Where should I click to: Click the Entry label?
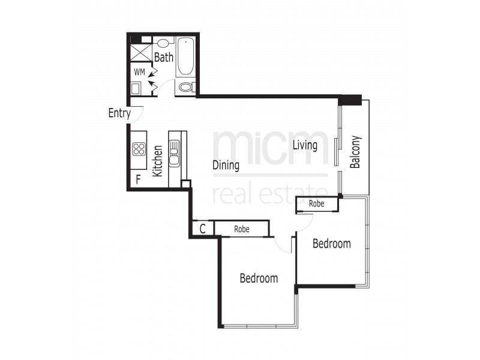pos(119,113)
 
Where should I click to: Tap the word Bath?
pos(164,58)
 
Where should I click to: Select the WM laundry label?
pos(139,72)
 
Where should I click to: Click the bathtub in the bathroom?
pos(185,56)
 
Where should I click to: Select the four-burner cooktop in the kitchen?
pos(139,149)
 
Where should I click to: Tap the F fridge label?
pos(138,179)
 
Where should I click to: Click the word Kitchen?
pos(158,160)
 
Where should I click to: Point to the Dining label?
pos(226,166)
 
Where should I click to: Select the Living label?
pos(305,145)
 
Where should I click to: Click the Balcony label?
pos(355,152)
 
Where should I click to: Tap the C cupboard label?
pos(203,229)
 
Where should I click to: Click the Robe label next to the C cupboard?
pos(242,229)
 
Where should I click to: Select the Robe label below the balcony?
pos(317,204)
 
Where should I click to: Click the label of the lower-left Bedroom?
pos(259,278)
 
